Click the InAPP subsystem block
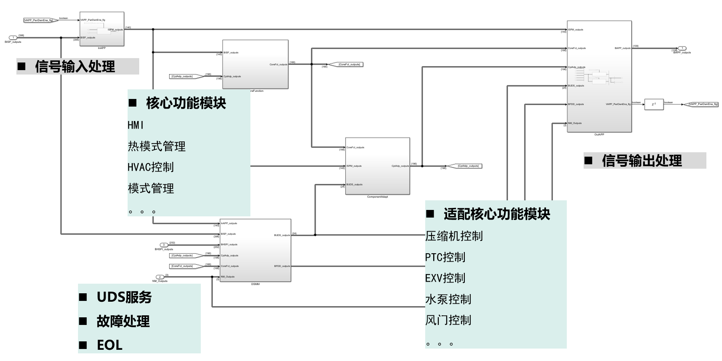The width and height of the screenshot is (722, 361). [x=102, y=29]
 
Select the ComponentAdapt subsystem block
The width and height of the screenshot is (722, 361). [x=377, y=166]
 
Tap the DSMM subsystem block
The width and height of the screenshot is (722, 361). [x=255, y=250]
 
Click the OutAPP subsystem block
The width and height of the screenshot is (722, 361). [x=599, y=76]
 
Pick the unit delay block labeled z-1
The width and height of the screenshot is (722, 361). [x=654, y=104]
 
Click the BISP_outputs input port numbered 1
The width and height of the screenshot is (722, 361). [x=13, y=38]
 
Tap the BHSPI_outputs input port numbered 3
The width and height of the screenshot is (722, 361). [x=164, y=245]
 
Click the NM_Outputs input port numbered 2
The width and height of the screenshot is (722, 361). [x=160, y=277]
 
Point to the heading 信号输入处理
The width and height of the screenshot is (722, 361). [x=75, y=67]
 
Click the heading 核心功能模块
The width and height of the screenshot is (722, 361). [x=186, y=103]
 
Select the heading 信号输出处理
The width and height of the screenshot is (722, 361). [x=642, y=161]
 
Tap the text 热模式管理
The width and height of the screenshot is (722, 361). [x=157, y=146]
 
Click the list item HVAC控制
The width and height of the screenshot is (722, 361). [x=151, y=167]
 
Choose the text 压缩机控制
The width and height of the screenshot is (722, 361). [x=454, y=236]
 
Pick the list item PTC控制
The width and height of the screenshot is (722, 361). [x=445, y=257]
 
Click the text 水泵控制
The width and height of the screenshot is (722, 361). [x=448, y=299]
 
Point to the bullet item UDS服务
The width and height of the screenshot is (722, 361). [x=124, y=297]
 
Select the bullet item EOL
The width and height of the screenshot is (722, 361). [x=110, y=345]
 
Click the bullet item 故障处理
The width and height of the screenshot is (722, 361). [x=123, y=321]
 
